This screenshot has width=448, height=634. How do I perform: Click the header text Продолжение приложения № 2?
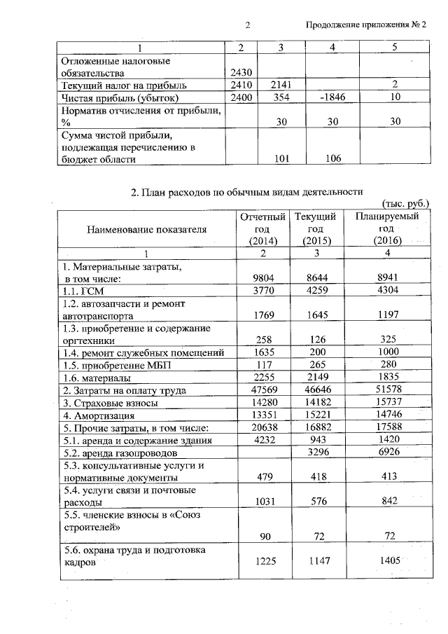point(367,26)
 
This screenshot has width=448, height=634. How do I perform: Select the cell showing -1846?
point(332,97)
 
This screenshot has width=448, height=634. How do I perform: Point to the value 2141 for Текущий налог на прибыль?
point(280,85)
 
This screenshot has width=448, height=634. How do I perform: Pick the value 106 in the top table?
point(332,159)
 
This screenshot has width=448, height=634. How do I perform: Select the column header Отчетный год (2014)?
point(262,229)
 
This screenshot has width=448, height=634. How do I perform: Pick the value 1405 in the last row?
point(386,562)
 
